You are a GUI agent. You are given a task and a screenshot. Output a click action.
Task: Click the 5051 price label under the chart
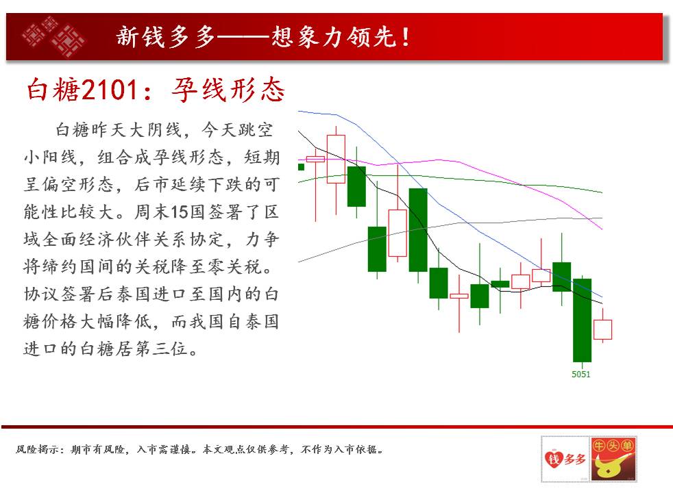click(x=580, y=375)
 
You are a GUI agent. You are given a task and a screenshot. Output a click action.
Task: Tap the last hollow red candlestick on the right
click(x=602, y=329)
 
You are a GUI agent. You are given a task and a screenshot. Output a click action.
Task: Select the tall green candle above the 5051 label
click(x=582, y=320)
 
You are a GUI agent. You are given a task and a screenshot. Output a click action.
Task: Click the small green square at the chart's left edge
click(x=302, y=167)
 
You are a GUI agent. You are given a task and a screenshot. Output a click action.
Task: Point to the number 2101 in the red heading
click(x=110, y=90)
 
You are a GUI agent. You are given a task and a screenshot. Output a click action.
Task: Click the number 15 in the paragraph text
click(x=180, y=212)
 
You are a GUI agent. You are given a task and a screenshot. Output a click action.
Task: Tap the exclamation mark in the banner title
click(x=406, y=37)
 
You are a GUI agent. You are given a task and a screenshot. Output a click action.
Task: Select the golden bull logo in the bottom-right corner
click(x=613, y=459)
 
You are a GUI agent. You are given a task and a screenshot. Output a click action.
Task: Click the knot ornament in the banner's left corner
click(x=53, y=36)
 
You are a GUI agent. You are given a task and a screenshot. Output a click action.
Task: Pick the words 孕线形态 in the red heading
click(x=228, y=90)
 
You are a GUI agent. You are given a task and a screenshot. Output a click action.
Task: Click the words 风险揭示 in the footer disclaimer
click(x=36, y=449)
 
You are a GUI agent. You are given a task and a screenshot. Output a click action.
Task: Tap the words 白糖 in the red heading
click(x=53, y=90)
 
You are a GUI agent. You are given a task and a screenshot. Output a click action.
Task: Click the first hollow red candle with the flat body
click(x=315, y=159)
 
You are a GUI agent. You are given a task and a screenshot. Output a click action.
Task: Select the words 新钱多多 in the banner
click(x=166, y=37)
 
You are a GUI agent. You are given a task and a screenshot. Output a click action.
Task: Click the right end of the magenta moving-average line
click(x=602, y=229)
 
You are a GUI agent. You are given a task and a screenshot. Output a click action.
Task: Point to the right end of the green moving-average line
click(x=602, y=192)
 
